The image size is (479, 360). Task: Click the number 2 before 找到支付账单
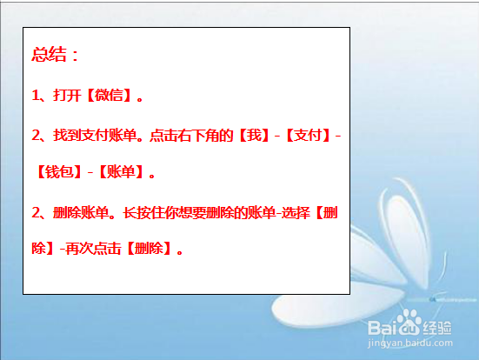pos(36,137)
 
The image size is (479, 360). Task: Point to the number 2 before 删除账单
pos(36,213)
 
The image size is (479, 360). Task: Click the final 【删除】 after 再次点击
pos(150,249)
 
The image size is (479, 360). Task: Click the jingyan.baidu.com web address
pos(417,346)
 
